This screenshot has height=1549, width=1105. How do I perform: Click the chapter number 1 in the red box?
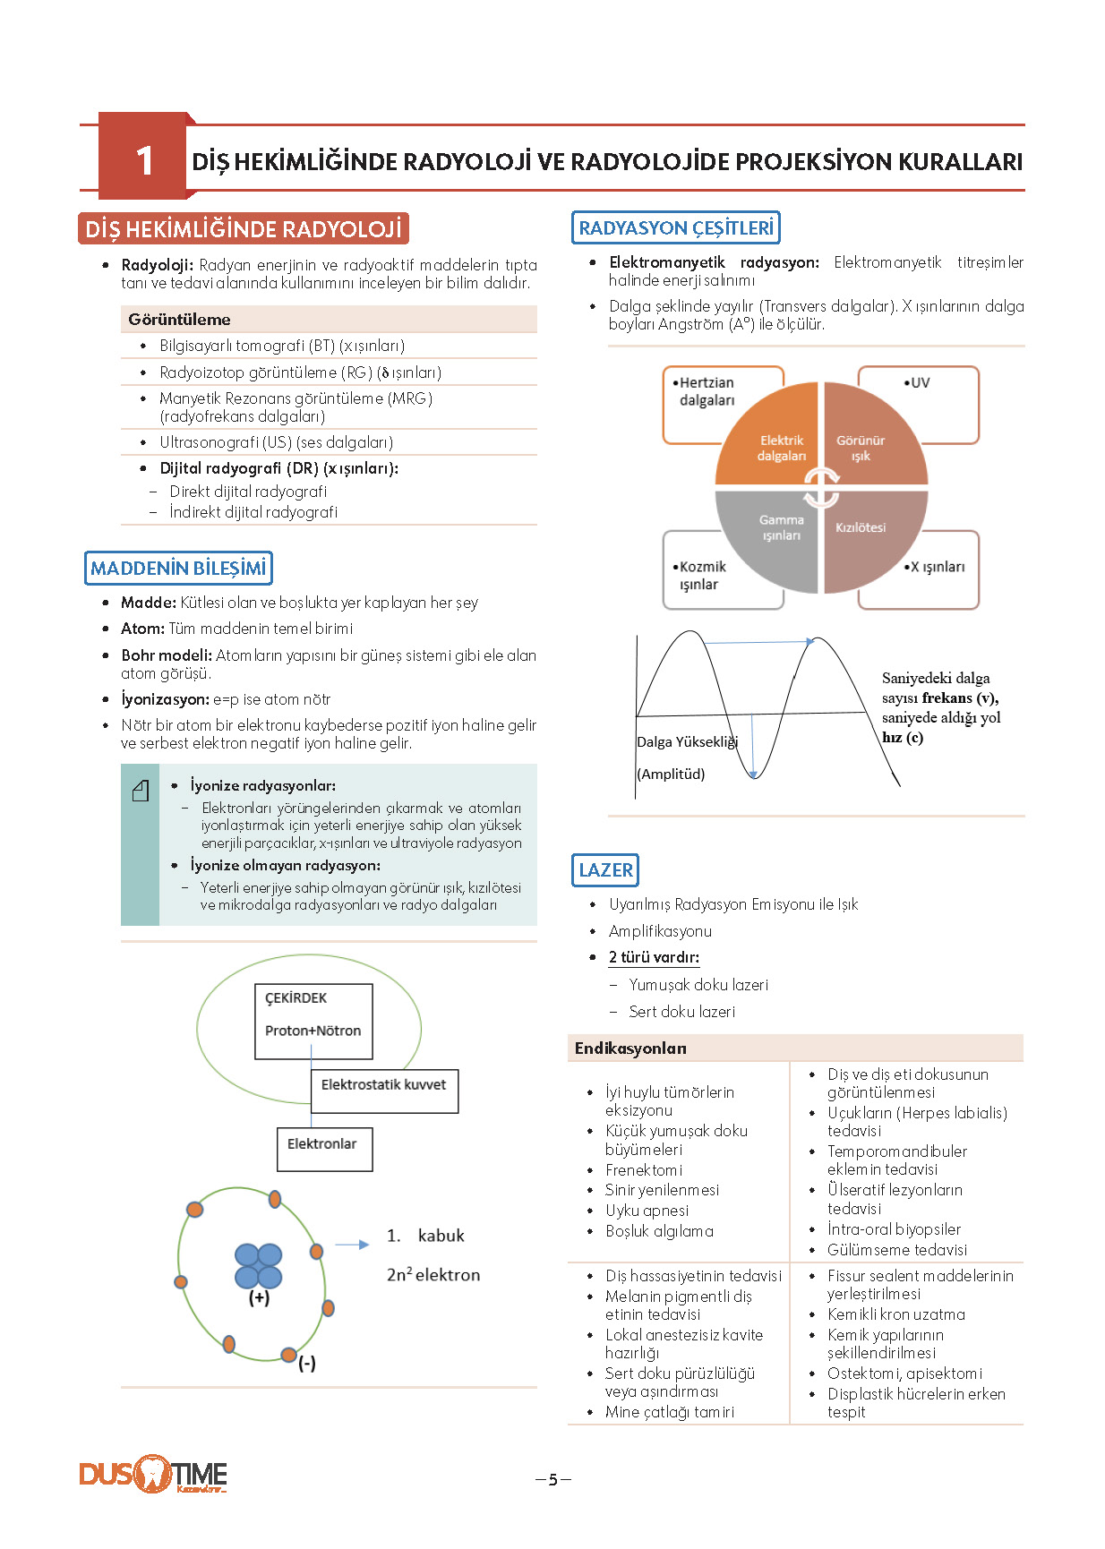144,161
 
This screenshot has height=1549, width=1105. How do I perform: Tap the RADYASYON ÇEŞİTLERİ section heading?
676,227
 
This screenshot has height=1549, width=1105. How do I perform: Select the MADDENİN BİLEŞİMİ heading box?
178,568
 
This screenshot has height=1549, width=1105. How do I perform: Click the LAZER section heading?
605,869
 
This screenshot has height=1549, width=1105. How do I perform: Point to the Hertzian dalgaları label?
704,391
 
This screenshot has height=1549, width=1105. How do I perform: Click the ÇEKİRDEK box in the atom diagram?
313,1022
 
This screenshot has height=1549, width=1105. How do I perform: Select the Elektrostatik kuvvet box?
384,1091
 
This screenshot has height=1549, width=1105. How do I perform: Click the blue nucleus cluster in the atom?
259,1266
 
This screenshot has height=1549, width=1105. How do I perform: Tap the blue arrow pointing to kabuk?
352,1245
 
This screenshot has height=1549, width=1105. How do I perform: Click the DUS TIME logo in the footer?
153,1474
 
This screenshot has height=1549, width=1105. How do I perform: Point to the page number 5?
553,1479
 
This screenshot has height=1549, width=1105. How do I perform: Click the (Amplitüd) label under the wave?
671,774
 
